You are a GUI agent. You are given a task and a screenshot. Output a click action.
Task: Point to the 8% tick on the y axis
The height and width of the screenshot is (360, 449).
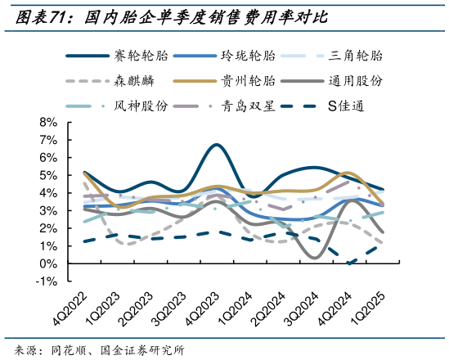point(47,122)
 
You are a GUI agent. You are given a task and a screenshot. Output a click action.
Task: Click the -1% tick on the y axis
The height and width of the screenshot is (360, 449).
point(46,281)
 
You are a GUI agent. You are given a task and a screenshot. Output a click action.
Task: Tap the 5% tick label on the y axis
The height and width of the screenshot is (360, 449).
point(47,175)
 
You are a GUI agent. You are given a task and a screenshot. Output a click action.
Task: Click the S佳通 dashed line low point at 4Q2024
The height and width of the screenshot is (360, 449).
point(350,263)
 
